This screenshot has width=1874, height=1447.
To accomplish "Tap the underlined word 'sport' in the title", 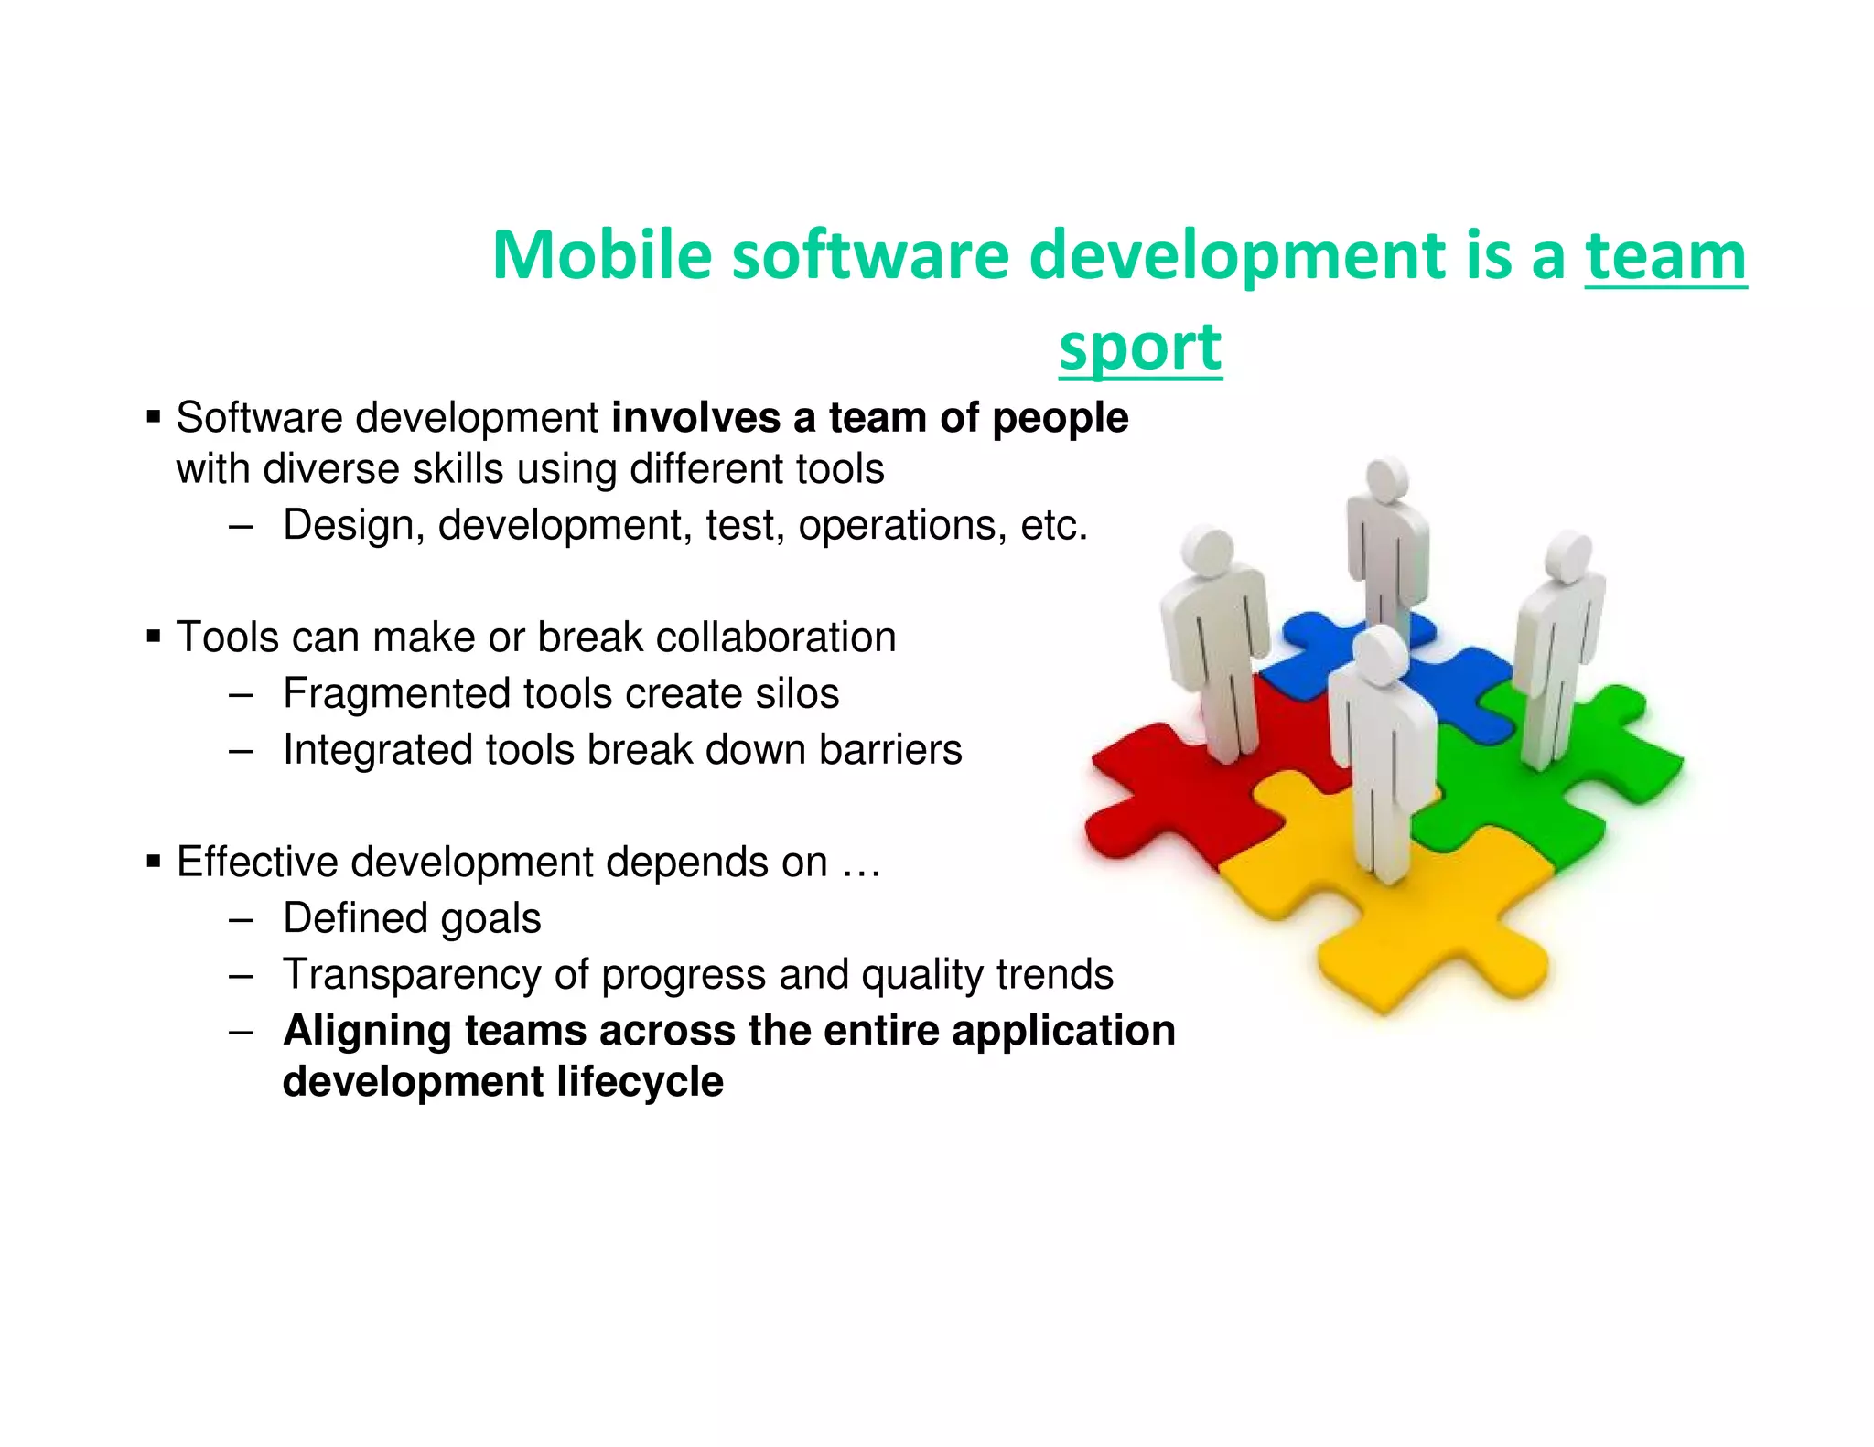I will pos(1140,348).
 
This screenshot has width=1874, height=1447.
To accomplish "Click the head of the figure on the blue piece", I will pos(1387,479).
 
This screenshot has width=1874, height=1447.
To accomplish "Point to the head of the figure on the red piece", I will pos(1209,554).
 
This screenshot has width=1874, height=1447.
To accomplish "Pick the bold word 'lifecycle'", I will pos(640,1082).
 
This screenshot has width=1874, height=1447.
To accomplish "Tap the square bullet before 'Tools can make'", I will pos(154,637).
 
